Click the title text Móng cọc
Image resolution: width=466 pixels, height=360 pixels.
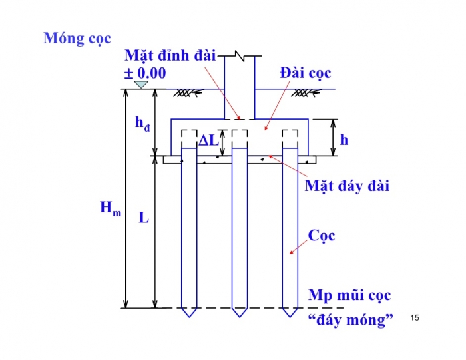pyautogui.click(x=77, y=37)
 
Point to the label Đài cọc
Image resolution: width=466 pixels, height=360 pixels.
pyautogui.click(x=306, y=73)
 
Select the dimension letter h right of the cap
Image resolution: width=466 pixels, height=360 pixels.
pyautogui.click(x=344, y=140)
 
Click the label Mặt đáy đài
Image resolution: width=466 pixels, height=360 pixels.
pyautogui.click(x=347, y=185)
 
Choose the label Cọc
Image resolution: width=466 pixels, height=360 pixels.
pyautogui.click(x=322, y=235)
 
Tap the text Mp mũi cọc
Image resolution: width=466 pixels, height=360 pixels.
pyautogui.click(x=349, y=295)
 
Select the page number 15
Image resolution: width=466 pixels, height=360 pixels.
pyautogui.click(x=415, y=318)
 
